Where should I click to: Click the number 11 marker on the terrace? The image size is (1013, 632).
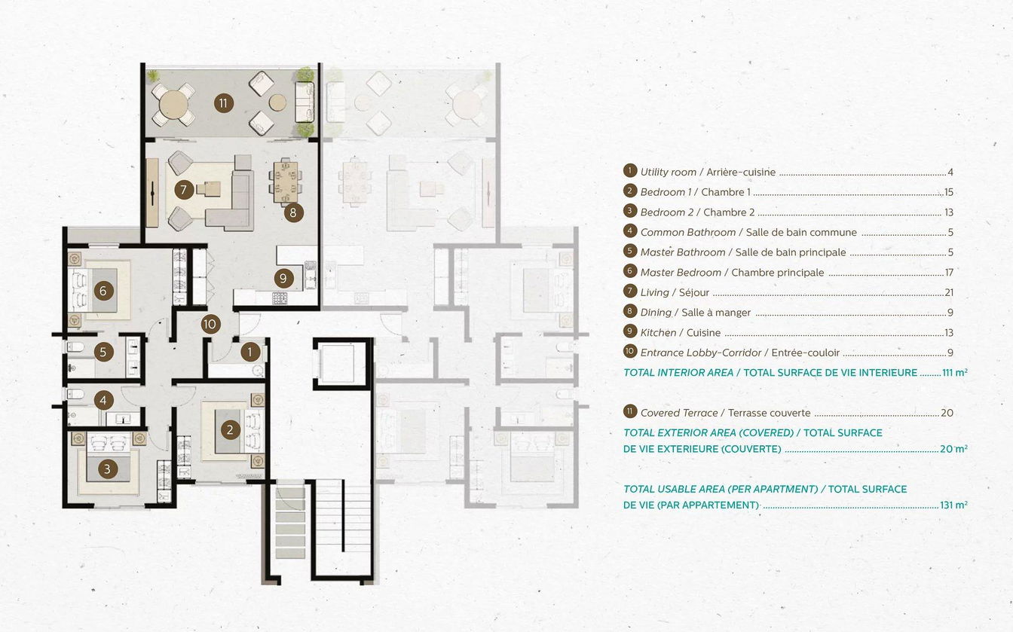click(x=223, y=103)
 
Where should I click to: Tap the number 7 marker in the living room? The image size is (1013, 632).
click(x=184, y=190)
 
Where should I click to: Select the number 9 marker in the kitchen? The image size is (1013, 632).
click(x=283, y=278)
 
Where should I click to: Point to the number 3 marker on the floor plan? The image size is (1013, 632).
click(x=107, y=469)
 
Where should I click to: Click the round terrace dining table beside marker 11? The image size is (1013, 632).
click(x=173, y=105)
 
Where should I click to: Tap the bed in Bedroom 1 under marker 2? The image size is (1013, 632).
click(x=233, y=431)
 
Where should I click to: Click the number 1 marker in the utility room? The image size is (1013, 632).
click(x=250, y=352)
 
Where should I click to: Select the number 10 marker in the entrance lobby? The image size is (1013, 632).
click(x=210, y=324)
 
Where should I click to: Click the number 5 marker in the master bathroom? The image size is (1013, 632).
click(x=103, y=352)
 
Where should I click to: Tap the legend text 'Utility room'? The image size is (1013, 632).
click(x=668, y=173)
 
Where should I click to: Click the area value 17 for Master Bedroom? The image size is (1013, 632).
click(x=949, y=273)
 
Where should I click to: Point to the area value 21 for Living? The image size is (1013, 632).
click(x=949, y=292)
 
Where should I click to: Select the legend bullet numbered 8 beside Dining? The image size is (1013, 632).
click(x=629, y=311)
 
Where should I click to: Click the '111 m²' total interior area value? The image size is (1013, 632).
click(x=955, y=373)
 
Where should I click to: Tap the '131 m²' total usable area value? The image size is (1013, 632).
click(x=953, y=505)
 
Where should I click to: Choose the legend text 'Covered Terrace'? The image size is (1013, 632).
click(x=679, y=413)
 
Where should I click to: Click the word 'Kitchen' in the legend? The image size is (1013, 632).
click(x=658, y=333)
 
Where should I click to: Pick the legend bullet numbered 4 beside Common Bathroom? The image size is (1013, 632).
click(x=629, y=231)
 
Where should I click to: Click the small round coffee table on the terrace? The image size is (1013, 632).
click(x=277, y=102)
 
